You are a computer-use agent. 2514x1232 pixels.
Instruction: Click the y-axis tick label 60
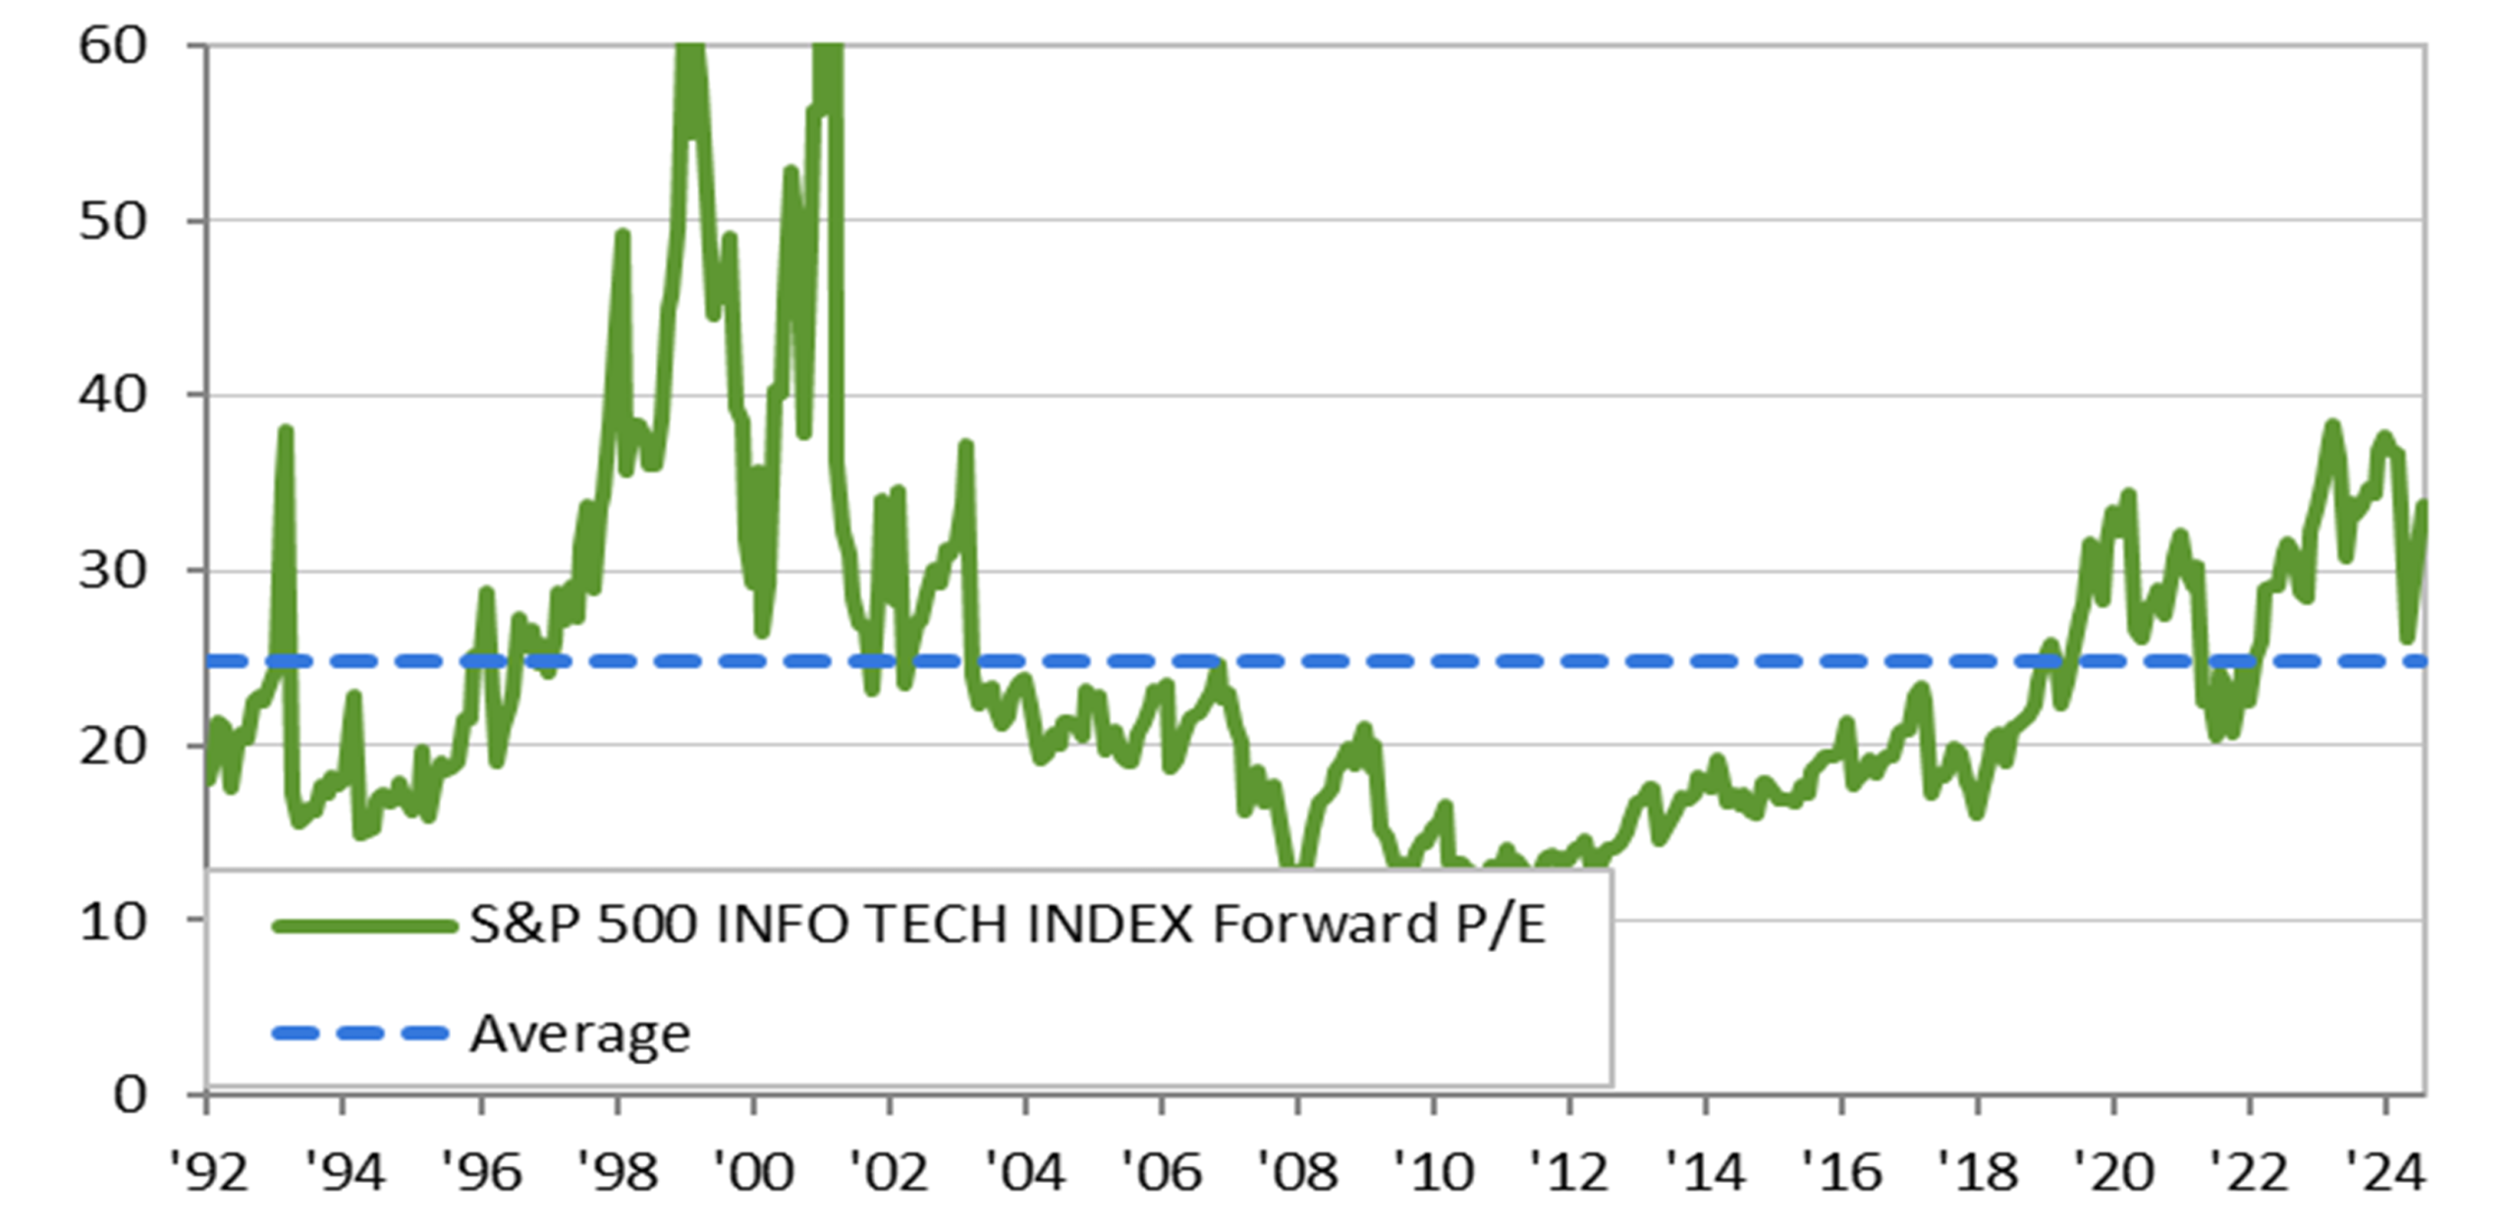[x=113, y=45]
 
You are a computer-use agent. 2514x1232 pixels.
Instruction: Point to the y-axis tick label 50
[x=113, y=221]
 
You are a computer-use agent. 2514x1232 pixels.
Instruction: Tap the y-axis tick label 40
[x=113, y=395]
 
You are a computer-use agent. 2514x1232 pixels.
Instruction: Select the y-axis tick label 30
[x=113, y=570]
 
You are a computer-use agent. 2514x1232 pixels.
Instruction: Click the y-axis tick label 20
[x=113, y=746]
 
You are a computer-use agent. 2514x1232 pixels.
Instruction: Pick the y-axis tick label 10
[x=113, y=921]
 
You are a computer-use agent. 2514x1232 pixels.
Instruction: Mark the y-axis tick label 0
[x=130, y=1093]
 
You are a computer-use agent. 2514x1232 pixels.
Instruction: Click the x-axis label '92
[x=208, y=1172]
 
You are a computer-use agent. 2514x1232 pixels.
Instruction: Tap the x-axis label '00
[x=753, y=1172]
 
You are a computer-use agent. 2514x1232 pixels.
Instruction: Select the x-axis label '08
[x=1297, y=1172]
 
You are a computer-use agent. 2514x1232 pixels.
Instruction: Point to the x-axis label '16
[x=1841, y=1172]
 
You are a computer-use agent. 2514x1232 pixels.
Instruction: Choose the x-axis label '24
[x=2385, y=1172]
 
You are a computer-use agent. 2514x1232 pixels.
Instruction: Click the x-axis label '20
[x=2113, y=1172]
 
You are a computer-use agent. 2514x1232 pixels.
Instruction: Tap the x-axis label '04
[x=1025, y=1172]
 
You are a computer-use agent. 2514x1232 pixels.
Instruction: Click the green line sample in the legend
[x=364, y=925]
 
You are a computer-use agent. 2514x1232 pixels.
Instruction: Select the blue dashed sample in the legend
[x=359, y=1033]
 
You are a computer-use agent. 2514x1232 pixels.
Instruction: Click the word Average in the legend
[x=579, y=1035]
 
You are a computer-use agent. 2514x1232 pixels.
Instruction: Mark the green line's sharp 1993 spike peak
[x=286, y=429]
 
